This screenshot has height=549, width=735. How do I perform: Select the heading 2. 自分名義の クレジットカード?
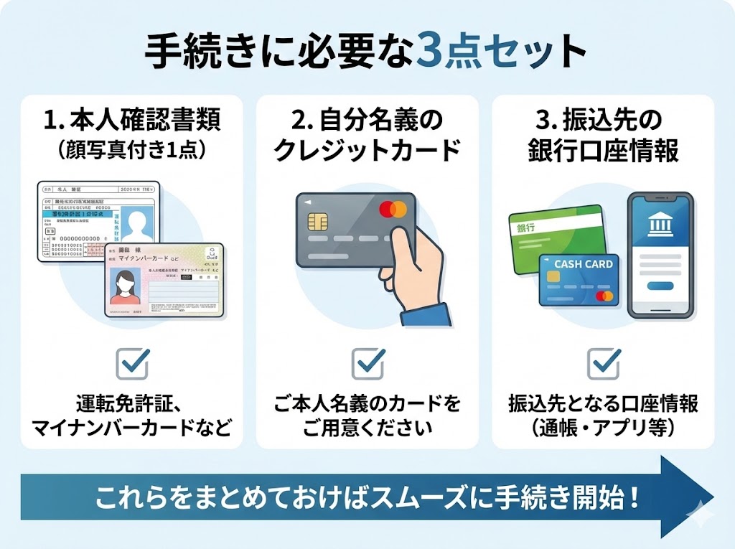pyautogui.click(x=367, y=134)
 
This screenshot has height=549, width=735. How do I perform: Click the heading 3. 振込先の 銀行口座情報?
pyautogui.click(x=603, y=134)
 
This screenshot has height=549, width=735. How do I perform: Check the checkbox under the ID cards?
pyautogui.click(x=132, y=363)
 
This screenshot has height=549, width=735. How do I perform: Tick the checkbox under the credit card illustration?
pyautogui.click(x=367, y=363)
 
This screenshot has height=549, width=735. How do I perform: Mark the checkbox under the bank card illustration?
pyautogui.click(x=603, y=363)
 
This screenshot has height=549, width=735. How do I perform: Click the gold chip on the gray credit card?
pyautogui.click(x=315, y=220)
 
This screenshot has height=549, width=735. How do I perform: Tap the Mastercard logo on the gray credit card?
pyautogui.click(x=393, y=209)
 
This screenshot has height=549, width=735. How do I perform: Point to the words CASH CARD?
pyautogui.click(x=583, y=263)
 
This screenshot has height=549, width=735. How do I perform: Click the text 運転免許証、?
pyautogui.click(x=132, y=404)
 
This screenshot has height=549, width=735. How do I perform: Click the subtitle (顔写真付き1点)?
pyautogui.click(x=132, y=149)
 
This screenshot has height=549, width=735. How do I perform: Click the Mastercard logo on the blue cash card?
pyautogui.click(x=604, y=296)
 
